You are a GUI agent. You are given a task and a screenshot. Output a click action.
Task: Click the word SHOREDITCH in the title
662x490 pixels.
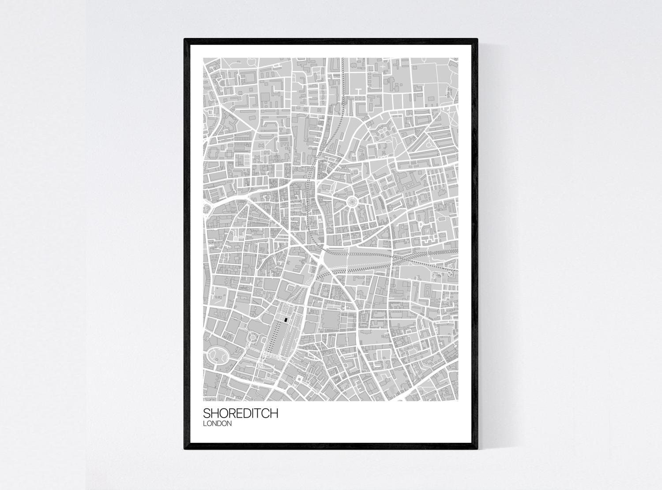point(241,414)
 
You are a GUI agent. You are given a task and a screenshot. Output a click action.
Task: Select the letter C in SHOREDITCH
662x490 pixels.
point(263,414)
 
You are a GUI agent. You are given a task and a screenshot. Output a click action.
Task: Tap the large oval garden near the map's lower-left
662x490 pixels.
point(216,355)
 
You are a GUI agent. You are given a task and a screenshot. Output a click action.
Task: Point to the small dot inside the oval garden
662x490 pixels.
point(216,355)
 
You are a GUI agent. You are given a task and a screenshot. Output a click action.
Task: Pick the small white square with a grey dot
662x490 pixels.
point(299,379)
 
